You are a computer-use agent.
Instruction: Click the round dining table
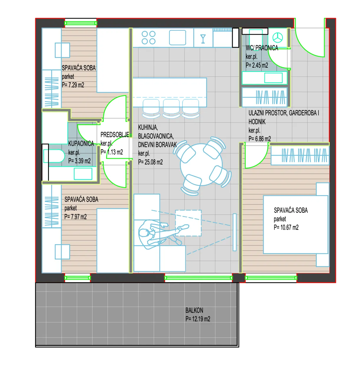(x=201, y=164)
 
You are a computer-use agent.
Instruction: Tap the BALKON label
(x=194, y=310)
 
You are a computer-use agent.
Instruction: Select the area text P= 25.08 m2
(x=150, y=162)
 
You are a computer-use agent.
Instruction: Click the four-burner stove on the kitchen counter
(x=148, y=38)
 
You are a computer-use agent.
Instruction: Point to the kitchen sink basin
(x=177, y=38)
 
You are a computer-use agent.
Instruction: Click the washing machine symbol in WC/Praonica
(x=278, y=38)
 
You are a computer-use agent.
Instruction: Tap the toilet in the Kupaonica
(x=54, y=156)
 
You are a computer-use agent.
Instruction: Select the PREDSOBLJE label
(x=115, y=135)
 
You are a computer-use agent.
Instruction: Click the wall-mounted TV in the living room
(x=235, y=232)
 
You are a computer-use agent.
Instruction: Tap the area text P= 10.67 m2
(x=286, y=227)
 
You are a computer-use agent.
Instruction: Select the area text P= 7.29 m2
(x=73, y=85)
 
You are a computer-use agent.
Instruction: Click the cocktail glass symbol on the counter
(x=203, y=39)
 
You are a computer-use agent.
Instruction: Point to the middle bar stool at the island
(x=171, y=108)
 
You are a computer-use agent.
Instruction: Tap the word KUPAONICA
(x=81, y=144)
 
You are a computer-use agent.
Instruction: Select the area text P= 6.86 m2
(x=260, y=139)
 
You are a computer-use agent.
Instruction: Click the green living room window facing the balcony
(x=198, y=278)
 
